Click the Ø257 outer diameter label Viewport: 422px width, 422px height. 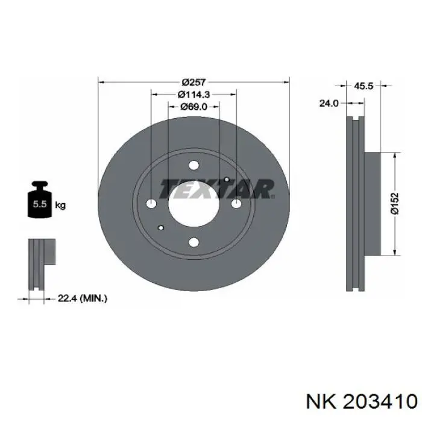(194, 82)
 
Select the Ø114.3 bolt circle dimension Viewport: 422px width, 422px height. (194, 95)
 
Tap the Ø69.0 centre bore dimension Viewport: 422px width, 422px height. (194, 107)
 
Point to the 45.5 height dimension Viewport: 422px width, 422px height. (363, 86)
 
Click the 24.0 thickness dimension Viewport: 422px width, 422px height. (329, 103)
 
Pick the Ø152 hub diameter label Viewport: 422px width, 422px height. (395, 203)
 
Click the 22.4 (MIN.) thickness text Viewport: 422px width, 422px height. (83, 298)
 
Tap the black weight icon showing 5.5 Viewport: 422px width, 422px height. (40, 200)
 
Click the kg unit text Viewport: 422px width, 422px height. (60, 206)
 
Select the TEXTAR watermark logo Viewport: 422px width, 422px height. (217, 189)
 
